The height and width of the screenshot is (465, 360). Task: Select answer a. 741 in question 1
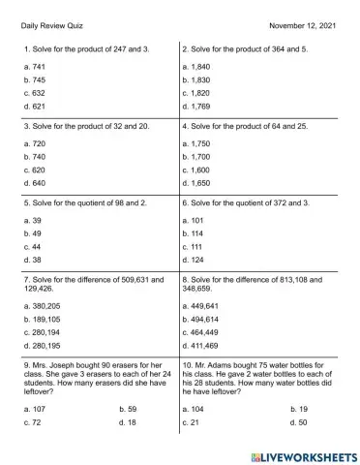click(x=34, y=65)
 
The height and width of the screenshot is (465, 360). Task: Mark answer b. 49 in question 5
click(x=32, y=233)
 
